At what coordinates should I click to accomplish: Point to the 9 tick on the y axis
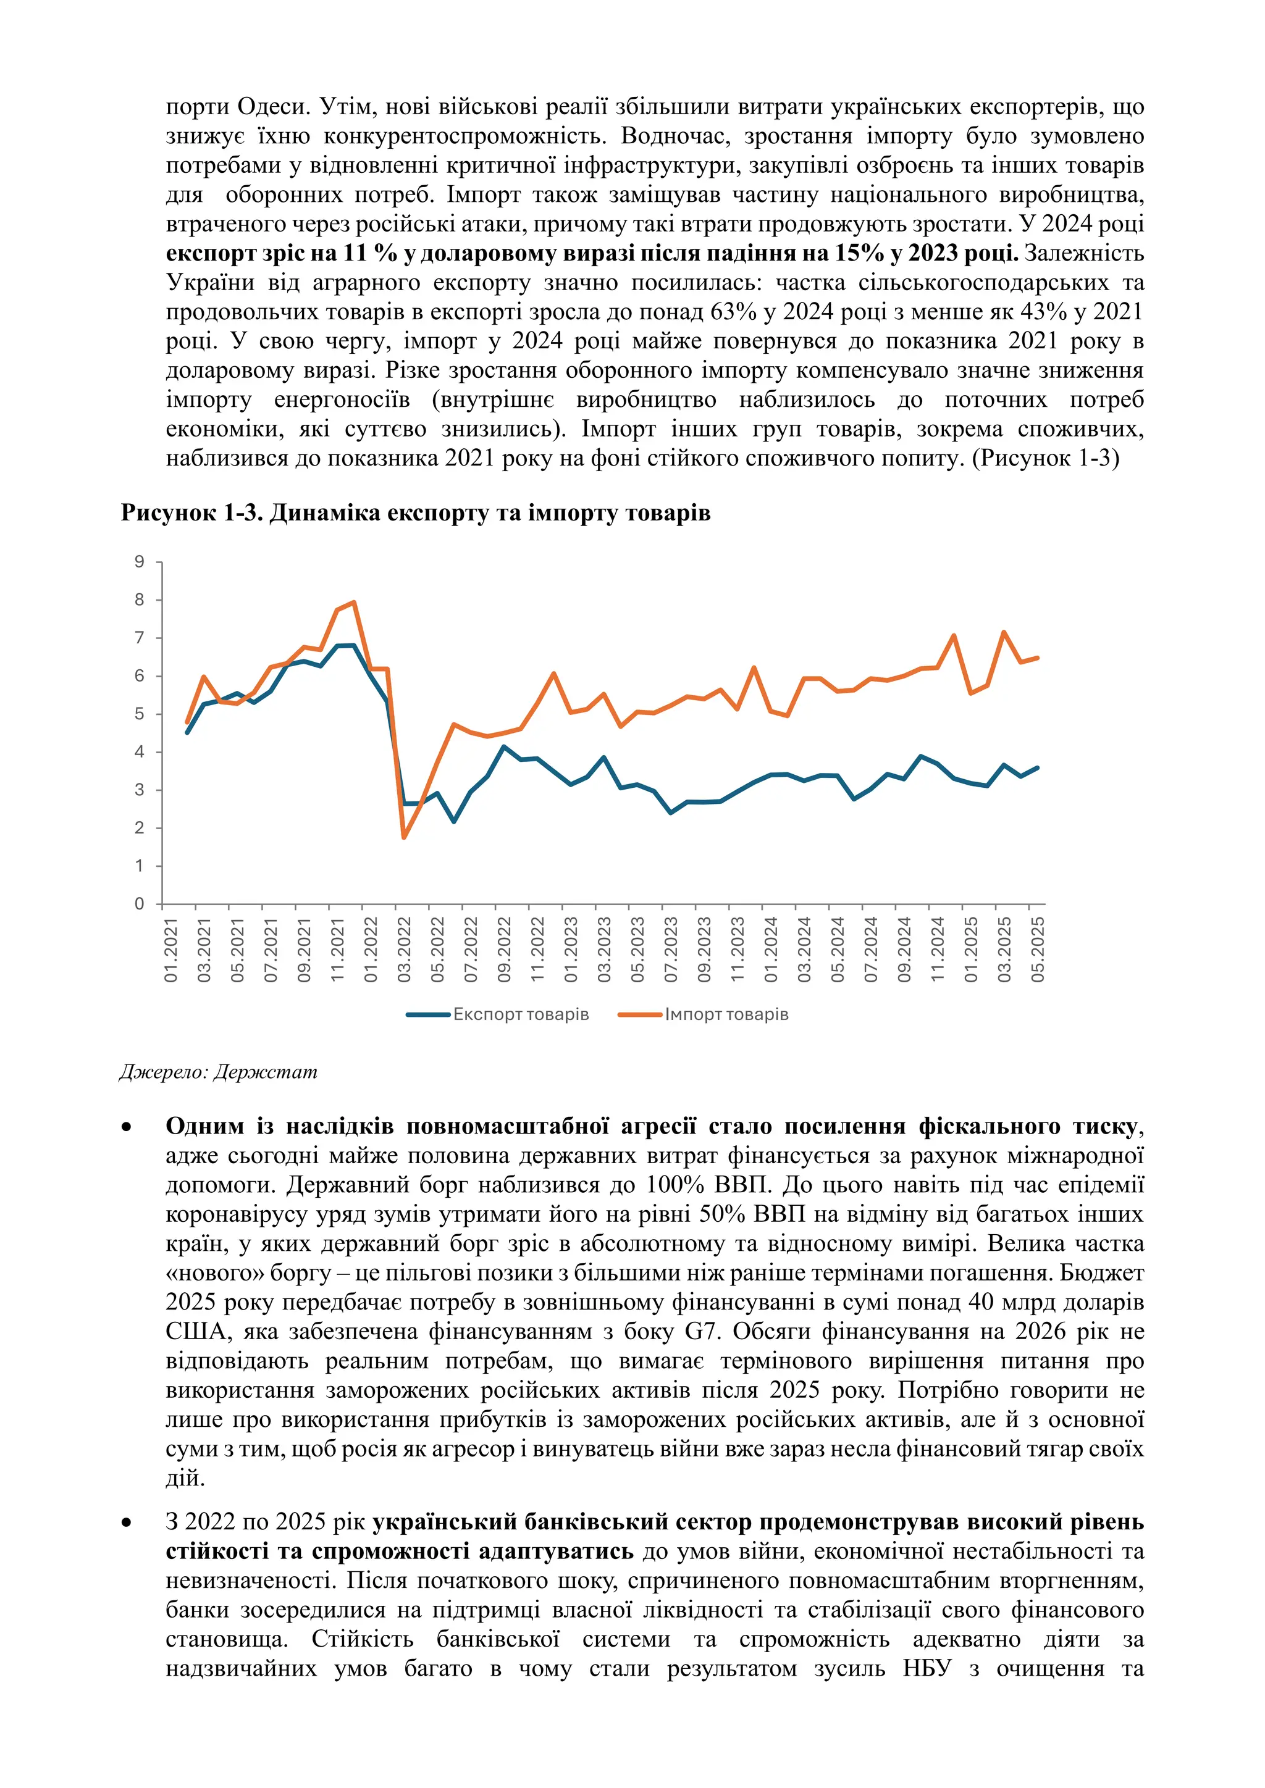pyautogui.click(x=140, y=561)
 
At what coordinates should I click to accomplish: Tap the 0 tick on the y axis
pyautogui.click(x=140, y=903)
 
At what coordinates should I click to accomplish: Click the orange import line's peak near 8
pyautogui.click(x=354, y=602)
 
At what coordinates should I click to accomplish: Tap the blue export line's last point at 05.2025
pyautogui.click(x=1037, y=768)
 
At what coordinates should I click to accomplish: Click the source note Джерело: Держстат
pyautogui.click(x=218, y=1072)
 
